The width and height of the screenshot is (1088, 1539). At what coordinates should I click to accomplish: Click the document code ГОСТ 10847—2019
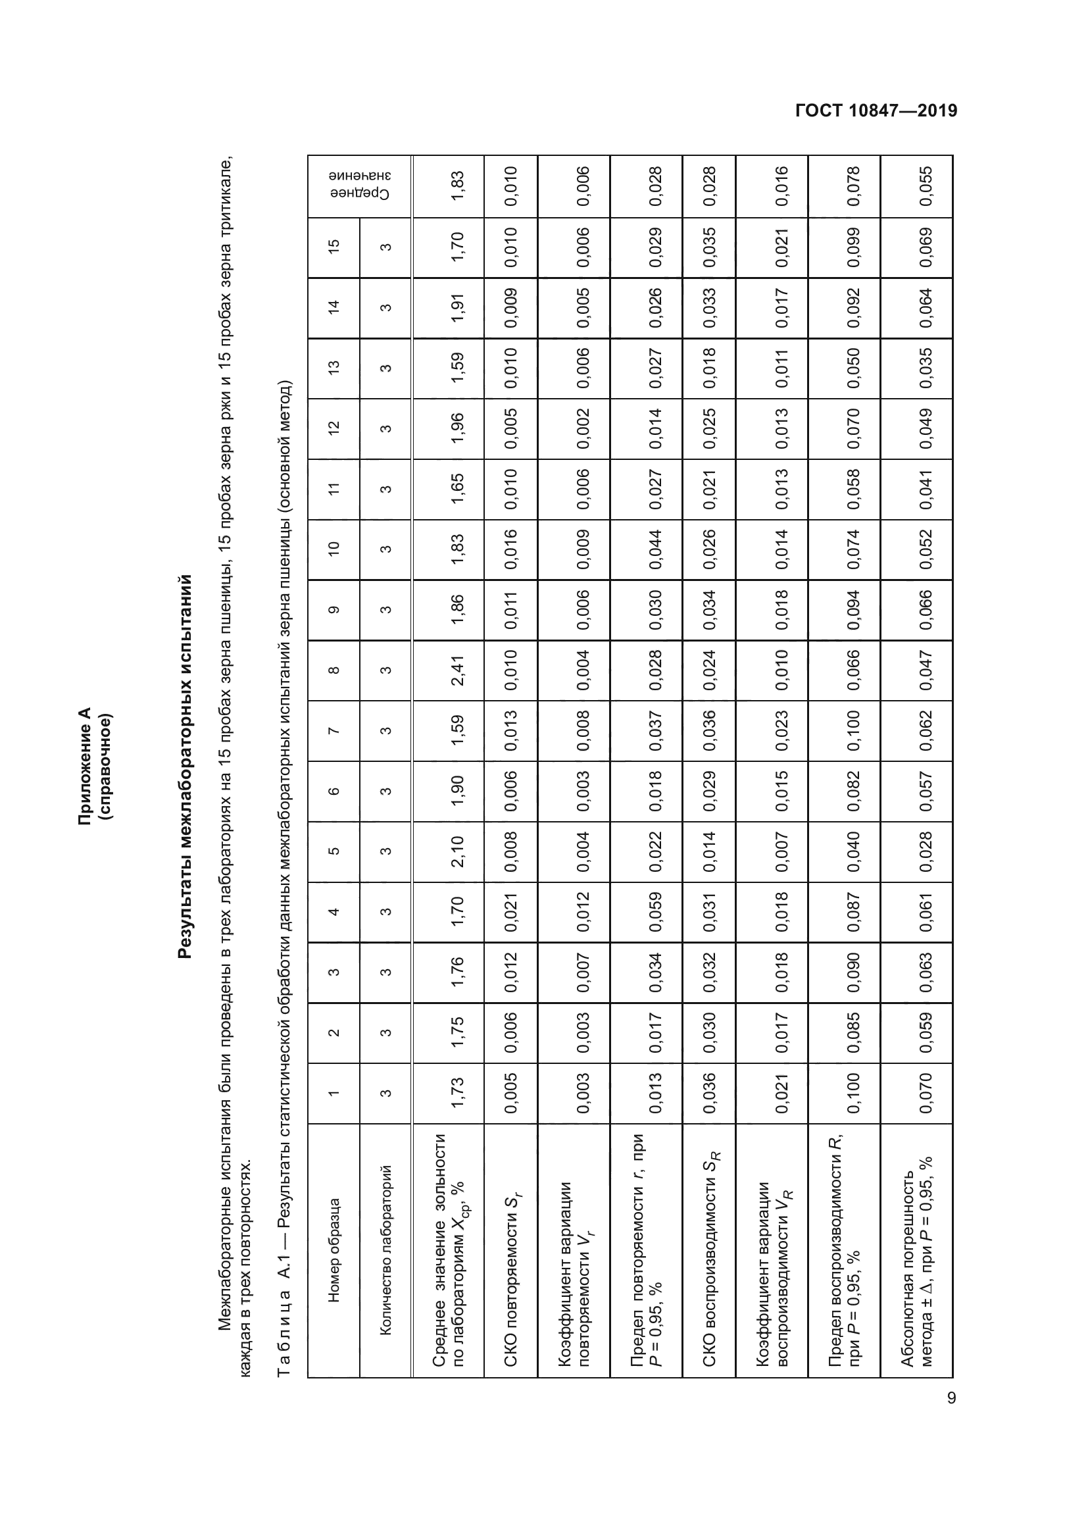point(876,111)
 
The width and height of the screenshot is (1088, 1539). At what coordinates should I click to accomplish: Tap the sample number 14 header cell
point(334,307)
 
